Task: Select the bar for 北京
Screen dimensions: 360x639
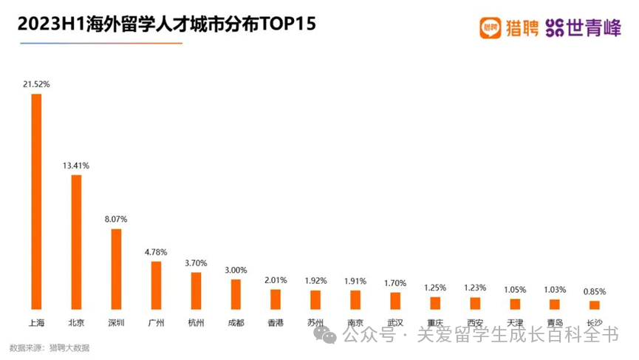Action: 75,242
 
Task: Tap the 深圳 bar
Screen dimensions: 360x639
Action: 116,268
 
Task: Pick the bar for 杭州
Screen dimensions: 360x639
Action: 196,291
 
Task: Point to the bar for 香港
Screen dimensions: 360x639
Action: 276,299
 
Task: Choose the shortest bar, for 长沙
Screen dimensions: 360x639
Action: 594,305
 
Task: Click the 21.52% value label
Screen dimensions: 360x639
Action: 36,84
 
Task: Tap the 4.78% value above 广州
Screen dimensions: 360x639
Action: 156,252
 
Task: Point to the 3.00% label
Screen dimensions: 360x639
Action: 236,270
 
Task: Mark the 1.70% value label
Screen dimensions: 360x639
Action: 395,282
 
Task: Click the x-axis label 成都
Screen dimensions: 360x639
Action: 236,322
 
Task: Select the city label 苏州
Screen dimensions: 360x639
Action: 315,322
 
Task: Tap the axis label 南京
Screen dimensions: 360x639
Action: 355,322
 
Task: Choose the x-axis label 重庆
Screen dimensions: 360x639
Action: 435,322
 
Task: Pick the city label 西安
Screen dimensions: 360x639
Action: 475,322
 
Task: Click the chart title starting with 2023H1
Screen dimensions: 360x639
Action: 167,24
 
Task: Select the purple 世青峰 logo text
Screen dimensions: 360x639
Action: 584,28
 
